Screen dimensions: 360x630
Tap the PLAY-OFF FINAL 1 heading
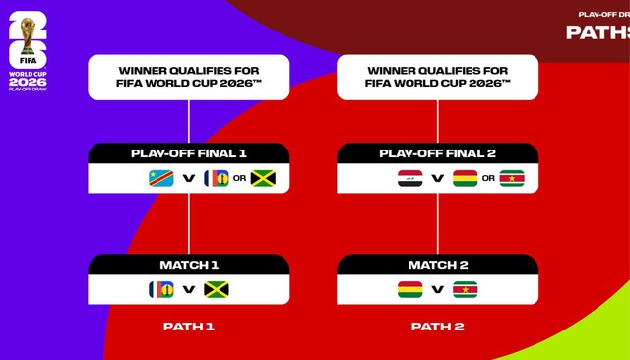[189, 153]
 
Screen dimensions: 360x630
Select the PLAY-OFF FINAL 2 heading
[437, 153]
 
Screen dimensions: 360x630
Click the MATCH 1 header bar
[189, 265]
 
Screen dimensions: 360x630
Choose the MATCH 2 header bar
[437, 265]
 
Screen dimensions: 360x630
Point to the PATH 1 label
[189, 327]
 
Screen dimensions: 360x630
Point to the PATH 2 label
[437, 327]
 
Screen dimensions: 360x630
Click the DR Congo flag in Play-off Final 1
[160, 178]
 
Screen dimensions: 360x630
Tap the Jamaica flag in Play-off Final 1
[263, 178]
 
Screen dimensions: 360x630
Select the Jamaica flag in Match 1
[217, 289]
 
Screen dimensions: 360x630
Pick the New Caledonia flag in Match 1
[161, 289]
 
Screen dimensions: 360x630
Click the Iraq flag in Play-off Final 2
[409, 178]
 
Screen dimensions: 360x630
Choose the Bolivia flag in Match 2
[409, 289]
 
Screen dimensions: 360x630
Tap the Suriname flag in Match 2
[465, 289]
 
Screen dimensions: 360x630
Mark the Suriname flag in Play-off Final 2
[512, 178]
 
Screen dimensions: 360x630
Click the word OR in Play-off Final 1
[239, 179]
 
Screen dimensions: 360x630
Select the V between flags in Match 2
[437, 290]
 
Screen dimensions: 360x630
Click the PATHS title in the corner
[597, 31]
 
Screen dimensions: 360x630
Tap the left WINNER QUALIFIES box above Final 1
[189, 77]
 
